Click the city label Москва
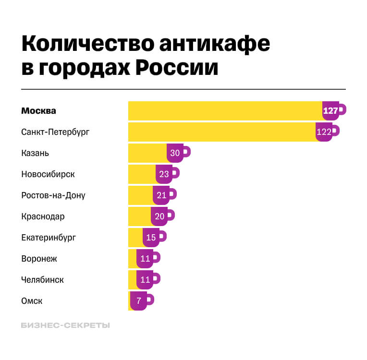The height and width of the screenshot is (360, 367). point(39,111)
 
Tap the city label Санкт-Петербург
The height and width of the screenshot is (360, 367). point(55,132)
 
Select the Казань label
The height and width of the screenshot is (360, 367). point(35,153)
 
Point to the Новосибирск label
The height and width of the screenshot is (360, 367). point(48,174)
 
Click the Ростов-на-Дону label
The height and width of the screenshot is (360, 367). point(53,195)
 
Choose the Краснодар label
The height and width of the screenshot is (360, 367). point(43,216)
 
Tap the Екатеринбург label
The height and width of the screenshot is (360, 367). point(49,238)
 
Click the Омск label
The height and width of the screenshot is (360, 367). point(32,301)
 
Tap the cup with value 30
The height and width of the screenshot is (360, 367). point(176,153)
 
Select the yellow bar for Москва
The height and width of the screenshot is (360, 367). point(225,111)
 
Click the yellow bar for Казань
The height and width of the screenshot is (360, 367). point(147,153)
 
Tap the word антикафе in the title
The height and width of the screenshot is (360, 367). point(213,44)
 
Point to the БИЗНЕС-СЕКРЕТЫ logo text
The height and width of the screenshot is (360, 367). point(65,325)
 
